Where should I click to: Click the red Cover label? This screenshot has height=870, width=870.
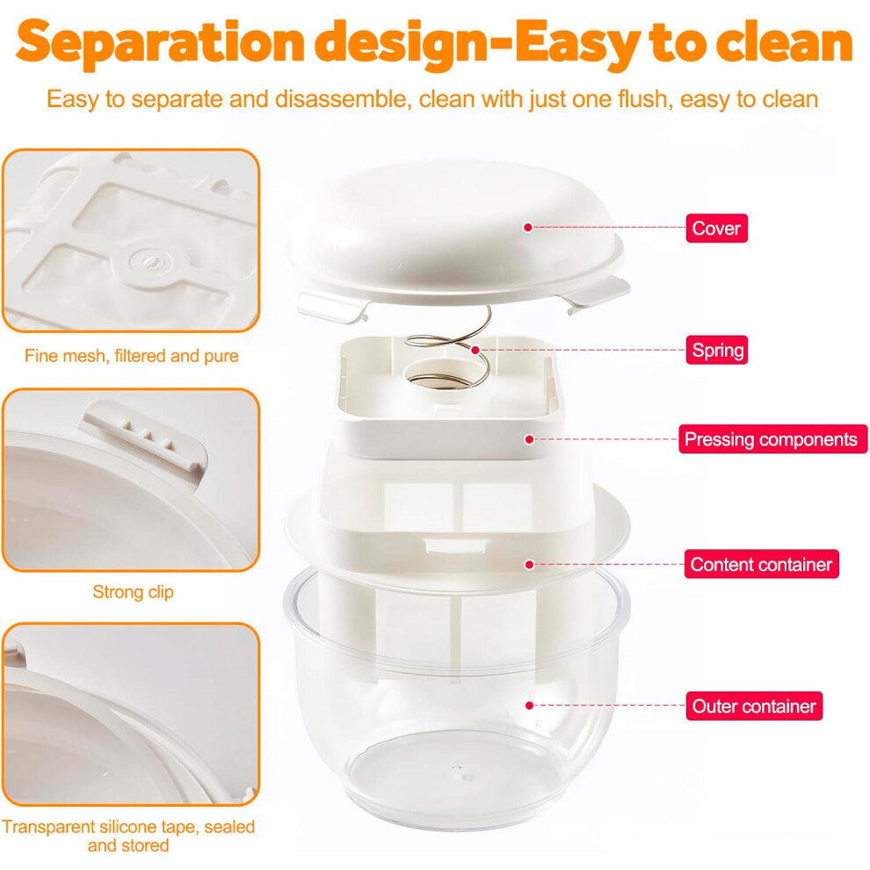(716, 228)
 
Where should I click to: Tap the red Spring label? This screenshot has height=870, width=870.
(717, 350)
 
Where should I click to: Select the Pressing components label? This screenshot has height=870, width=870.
(772, 439)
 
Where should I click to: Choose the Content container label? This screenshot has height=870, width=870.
(761, 564)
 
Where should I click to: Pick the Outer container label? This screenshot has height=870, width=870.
(754, 706)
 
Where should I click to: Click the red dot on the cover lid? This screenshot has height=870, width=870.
(528, 228)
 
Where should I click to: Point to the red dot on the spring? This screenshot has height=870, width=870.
(475, 350)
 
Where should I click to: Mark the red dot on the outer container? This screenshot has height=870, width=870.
(529, 705)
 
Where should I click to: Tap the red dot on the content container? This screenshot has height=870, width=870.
(529, 564)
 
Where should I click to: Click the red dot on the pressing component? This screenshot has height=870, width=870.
(529, 439)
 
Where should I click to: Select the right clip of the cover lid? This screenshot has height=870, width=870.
(597, 293)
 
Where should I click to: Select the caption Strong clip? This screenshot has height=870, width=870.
(134, 592)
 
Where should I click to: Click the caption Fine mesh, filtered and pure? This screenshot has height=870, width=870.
(132, 356)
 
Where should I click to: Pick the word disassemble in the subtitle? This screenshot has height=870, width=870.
(343, 99)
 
